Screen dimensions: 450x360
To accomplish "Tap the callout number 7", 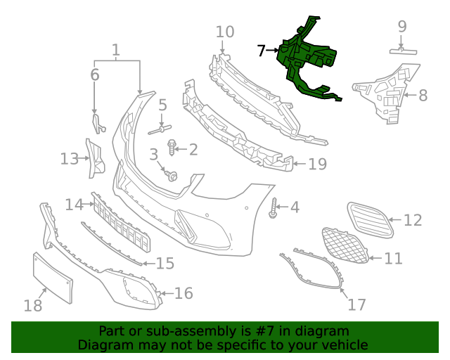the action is [x=261, y=51].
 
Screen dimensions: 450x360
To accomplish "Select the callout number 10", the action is [x=225, y=32].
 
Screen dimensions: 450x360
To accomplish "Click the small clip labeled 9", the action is [x=403, y=51].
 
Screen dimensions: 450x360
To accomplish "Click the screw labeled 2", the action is [x=172, y=147].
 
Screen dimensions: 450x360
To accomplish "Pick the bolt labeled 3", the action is [x=172, y=175].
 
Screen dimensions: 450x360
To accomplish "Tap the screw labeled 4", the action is [x=274, y=207].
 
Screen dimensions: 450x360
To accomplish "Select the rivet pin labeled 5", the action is [x=160, y=129].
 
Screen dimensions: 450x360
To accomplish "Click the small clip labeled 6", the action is [x=98, y=124].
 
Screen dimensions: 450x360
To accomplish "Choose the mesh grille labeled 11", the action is [x=345, y=245].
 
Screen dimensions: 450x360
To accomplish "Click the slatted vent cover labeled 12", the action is [x=370, y=219].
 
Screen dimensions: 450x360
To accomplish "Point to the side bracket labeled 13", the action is [x=96, y=159].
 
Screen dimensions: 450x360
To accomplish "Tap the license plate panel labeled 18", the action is [x=53, y=278].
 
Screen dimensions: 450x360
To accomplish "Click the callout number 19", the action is [x=317, y=165].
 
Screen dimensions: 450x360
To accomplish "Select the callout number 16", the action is [x=184, y=293].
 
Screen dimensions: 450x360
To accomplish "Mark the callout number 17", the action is [x=356, y=304].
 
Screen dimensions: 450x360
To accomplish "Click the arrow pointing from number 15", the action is [x=148, y=263].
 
